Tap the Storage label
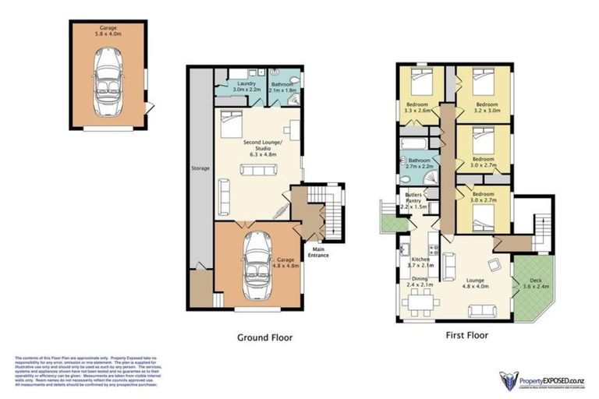click(200, 168)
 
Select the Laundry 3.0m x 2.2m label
click(246, 87)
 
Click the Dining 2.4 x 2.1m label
click(420, 282)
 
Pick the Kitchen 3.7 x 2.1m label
click(420, 263)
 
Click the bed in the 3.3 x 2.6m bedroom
click(417, 79)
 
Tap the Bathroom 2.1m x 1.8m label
click(281, 87)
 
